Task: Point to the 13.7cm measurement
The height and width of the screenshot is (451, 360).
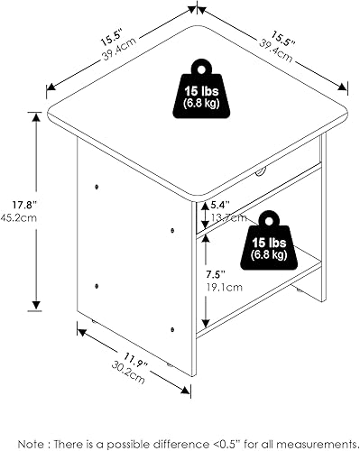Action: (x=223, y=217)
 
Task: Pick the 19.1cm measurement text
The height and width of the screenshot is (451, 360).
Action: (x=221, y=287)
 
